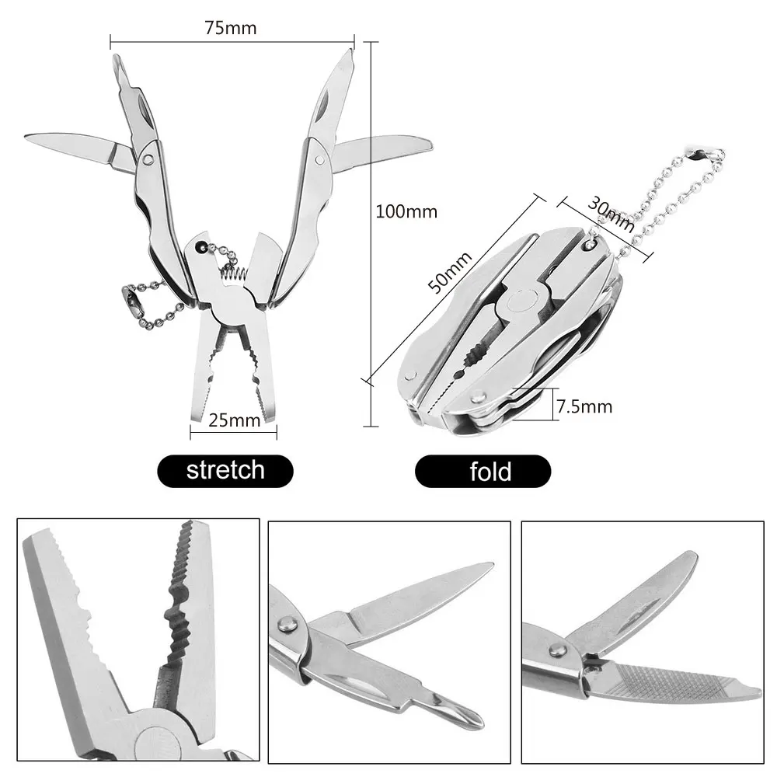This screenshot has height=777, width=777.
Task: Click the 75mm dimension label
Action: (231, 28)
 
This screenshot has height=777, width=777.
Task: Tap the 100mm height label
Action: (406, 211)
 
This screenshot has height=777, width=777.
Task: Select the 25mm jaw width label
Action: (233, 420)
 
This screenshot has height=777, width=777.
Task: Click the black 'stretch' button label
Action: (225, 470)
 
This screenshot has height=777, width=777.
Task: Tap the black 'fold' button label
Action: (490, 471)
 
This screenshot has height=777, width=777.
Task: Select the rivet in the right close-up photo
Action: (556, 650)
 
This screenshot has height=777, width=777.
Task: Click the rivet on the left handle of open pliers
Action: (148, 158)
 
